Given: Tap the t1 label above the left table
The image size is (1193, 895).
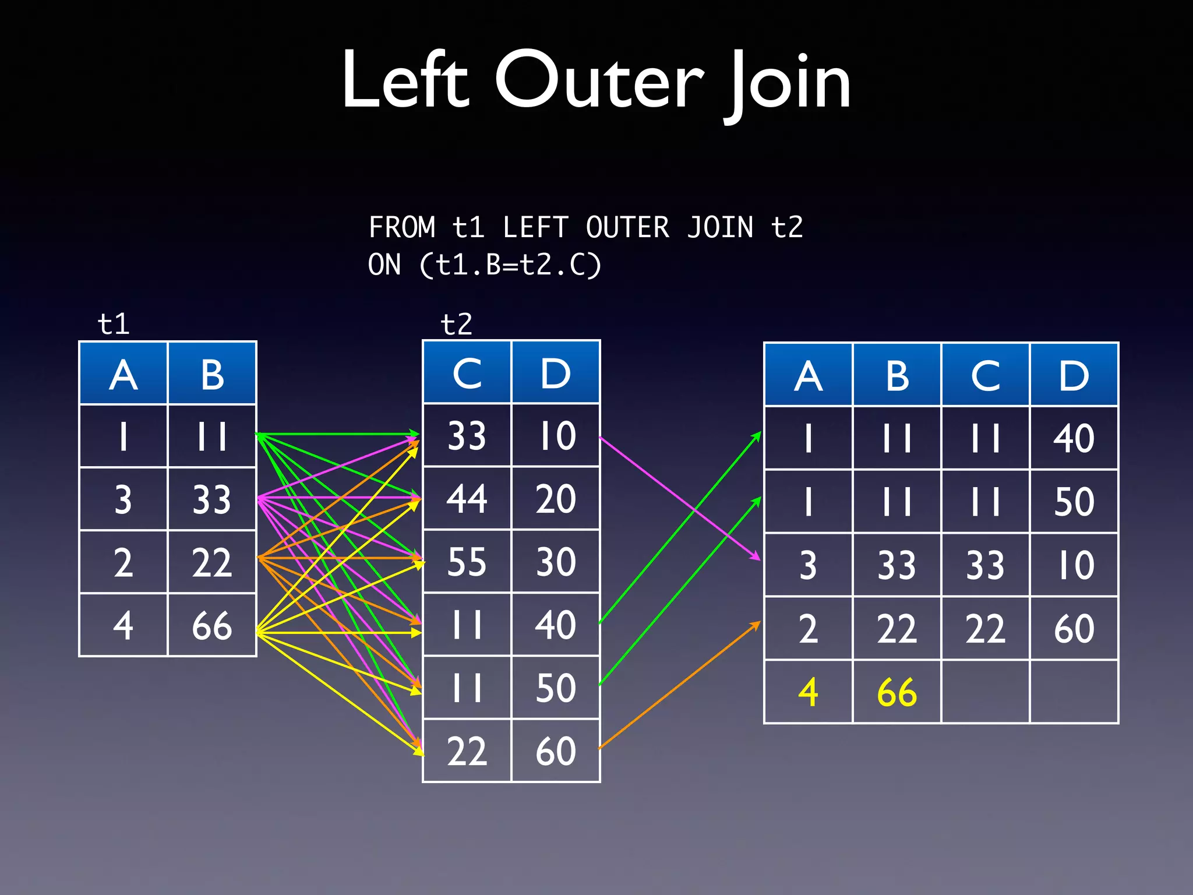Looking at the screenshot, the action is pos(114,324).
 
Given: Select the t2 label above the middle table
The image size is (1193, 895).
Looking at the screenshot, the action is pos(456,324).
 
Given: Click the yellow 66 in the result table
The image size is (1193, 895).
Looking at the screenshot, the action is pos(896,693).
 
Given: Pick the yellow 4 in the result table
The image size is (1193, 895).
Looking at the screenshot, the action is pos(808,693).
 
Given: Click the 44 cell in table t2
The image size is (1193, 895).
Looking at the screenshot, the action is pos(467,499).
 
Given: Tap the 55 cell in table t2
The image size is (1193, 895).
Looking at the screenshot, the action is pos(467,562).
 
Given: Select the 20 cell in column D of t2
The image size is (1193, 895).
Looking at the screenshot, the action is pos(556,499).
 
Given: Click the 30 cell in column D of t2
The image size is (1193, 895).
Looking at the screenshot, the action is pos(556,562).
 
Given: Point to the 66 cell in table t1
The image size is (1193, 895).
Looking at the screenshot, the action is pos(212,626).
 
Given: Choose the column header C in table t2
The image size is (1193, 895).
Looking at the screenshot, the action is pos(467,373).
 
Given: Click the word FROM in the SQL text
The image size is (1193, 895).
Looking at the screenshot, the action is pos(402,227).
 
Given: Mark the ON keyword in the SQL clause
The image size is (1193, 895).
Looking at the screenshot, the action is pos(384,265).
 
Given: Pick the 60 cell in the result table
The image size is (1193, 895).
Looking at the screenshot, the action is pos(1074,629).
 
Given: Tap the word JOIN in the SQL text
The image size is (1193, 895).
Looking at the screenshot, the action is pos(720,227).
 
